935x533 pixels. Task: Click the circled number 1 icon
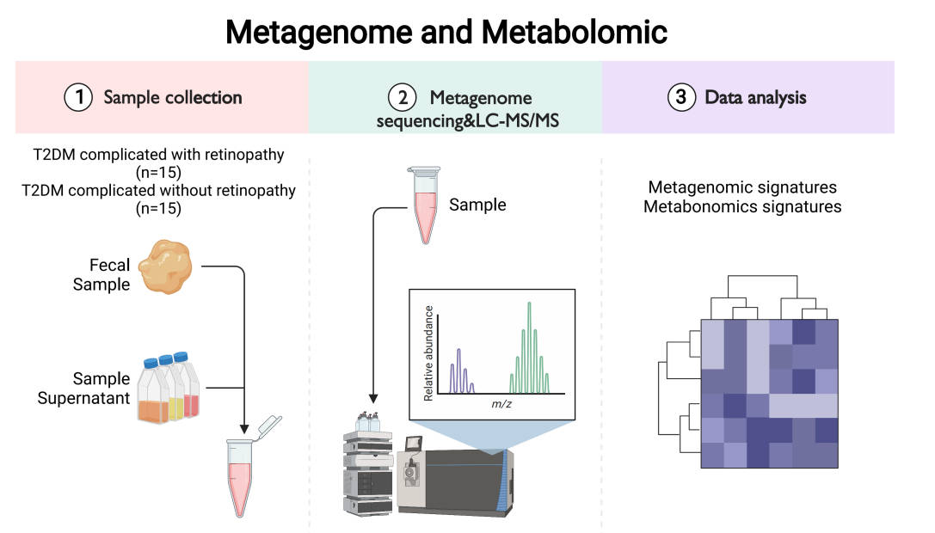(80, 98)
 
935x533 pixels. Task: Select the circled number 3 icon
(681, 98)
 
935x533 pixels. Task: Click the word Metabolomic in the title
(574, 33)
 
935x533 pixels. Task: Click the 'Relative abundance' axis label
(428, 352)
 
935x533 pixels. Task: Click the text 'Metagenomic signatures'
(742, 187)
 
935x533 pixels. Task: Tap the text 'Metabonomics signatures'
(742, 206)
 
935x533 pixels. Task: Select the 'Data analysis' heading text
(755, 98)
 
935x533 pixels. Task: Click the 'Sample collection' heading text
(172, 98)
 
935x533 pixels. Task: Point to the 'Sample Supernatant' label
(84, 389)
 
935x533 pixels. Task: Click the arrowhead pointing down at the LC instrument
(373, 399)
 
